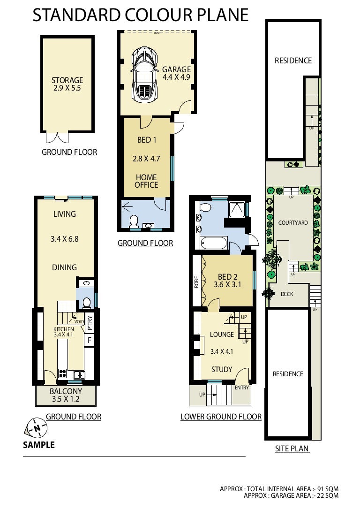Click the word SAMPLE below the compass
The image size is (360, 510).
(x=39, y=445)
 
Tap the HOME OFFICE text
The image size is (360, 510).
(x=146, y=181)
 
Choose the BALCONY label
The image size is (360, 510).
(x=66, y=395)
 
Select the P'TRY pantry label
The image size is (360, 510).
(x=90, y=323)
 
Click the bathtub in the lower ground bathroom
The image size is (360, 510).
(x=213, y=244)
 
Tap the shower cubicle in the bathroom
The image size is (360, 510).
(x=238, y=209)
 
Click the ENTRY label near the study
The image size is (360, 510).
(x=242, y=388)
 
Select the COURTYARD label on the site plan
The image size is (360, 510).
(x=293, y=223)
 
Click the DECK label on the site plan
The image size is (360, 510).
(x=287, y=294)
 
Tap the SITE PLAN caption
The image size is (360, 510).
(x=292, y=449)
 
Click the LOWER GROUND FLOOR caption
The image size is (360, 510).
(x=221, y=417)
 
